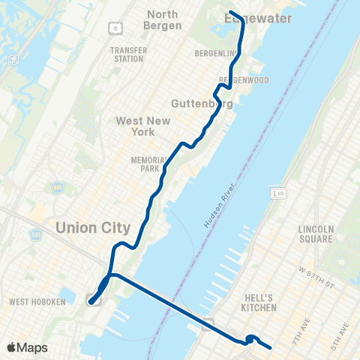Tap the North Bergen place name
(x=163, y=20)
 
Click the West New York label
(x=143, y=126)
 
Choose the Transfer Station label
(x=128, y=55)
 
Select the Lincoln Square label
(x=314, y=234)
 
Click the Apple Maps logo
(x=27, y=347)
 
